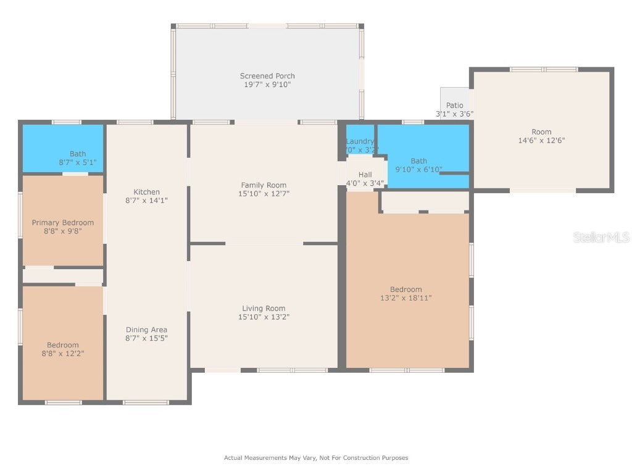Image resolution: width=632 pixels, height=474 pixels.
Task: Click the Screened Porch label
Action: (267, 76)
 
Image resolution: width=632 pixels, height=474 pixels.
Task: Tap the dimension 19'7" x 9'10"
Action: (267, 85)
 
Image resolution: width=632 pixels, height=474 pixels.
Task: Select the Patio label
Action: (454, 106)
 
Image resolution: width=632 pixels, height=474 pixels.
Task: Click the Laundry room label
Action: (360, 141)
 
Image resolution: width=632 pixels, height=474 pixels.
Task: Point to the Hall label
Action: (365, 175)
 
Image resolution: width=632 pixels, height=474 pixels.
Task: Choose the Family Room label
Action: (264, 185)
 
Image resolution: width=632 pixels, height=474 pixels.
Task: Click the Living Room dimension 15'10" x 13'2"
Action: (264, 317)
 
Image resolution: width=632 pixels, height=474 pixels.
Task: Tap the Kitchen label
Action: (146, 192)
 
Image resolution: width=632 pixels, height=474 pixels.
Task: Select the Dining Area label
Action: (146, 330)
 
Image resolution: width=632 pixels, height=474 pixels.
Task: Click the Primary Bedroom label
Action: (63, 223)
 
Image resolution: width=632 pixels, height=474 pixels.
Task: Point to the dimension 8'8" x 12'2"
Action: (63, 354)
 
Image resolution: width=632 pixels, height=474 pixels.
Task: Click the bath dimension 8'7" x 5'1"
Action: (78, 163)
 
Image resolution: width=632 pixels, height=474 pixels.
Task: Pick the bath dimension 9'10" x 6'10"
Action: (418, 169)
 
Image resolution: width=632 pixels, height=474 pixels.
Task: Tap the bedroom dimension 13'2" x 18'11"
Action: (405, 298)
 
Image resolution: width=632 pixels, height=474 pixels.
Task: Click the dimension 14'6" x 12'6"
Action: (541, 140)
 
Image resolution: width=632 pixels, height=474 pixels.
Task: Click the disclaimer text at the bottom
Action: (315, 458)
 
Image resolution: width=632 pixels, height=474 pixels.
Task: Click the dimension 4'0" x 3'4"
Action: (365, 183)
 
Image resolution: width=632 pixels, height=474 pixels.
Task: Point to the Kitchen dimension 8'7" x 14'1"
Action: (146, 201)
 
